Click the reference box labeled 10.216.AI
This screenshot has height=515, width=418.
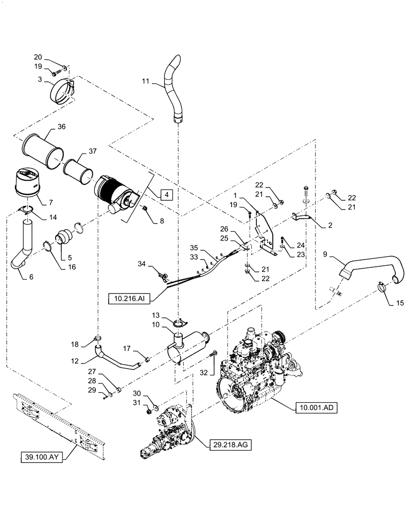pos(128,297)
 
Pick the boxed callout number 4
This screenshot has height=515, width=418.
pos(167,195)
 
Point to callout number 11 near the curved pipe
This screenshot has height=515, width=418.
pos(145,81)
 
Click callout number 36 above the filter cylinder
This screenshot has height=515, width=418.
pos(61,127)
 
